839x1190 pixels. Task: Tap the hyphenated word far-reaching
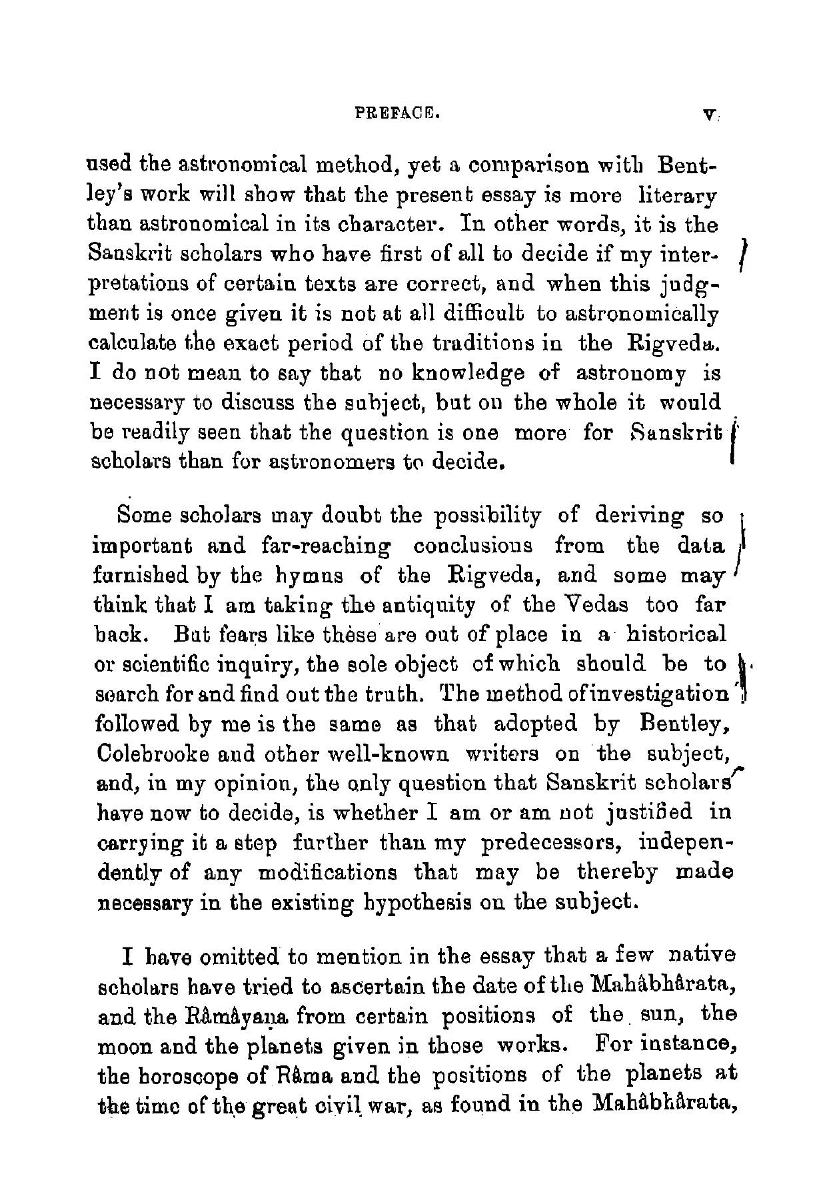tap(322, 546)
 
